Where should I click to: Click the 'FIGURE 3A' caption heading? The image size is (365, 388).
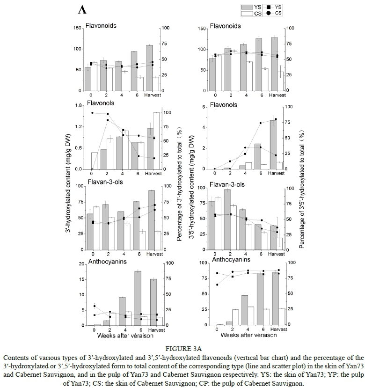tap(182, 348)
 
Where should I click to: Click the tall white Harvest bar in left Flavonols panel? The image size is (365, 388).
tap(156, 140)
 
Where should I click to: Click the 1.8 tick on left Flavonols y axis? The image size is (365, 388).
tap(79, 106)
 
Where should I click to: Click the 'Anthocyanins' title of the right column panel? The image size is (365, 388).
tap(231, 259)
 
